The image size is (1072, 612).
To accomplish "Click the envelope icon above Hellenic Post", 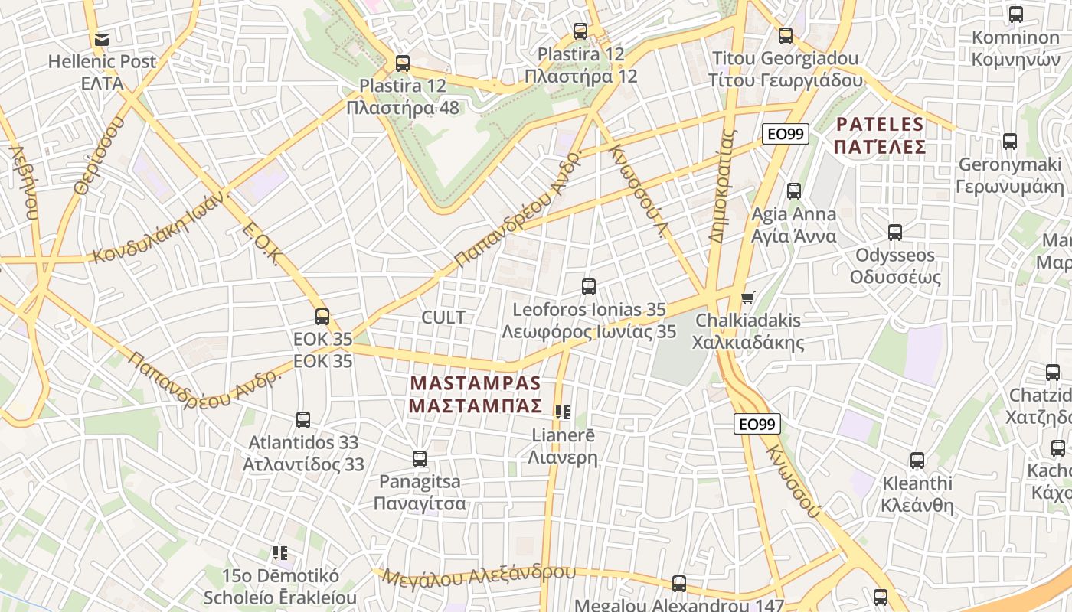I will [x=101, y=39].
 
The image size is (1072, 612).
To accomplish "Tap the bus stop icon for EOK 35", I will [x=322, y=316].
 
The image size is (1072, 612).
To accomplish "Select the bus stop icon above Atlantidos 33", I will [x=303, y=419].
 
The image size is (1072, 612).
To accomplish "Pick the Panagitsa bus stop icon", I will [x=419, y=459].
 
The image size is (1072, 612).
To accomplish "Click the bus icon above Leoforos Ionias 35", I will [x=588, y=287].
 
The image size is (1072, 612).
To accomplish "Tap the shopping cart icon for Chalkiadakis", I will [x=747, y=298].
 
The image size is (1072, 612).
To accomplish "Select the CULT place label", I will [x=443, y=317].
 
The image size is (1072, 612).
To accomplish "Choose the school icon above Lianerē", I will [x=563, y=412].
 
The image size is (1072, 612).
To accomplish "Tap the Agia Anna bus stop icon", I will [x=794, y=191].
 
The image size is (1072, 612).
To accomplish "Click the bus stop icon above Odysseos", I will [x=894, y=232].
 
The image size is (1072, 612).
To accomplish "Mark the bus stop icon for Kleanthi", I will [x=917, y=461].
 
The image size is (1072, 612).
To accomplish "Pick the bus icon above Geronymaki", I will [x=1010, y=142].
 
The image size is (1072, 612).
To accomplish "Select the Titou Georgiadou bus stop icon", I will [x=785, y=36].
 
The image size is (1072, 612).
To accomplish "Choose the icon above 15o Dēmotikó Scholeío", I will [x=280, y=552].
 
